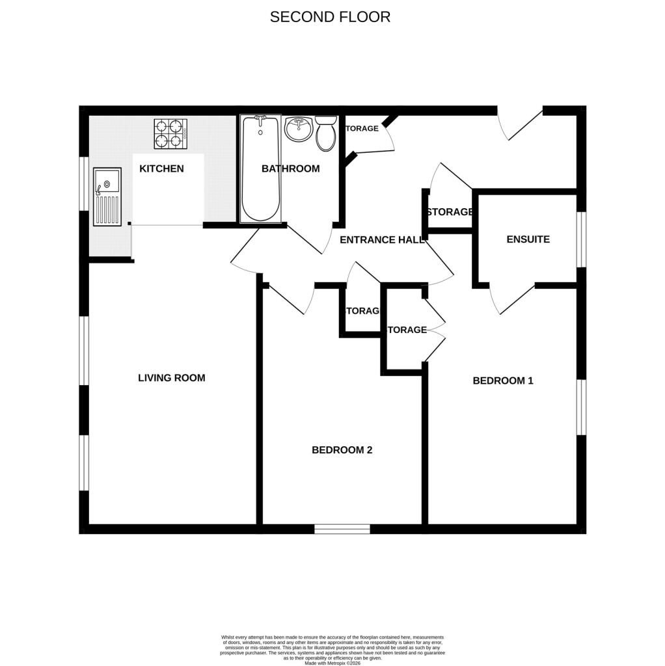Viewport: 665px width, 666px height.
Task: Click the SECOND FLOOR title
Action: [x=330, y=17]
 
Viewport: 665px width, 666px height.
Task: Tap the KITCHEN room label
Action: [x=161, y=168]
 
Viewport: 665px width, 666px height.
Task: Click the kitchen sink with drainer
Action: [x=107, y=196]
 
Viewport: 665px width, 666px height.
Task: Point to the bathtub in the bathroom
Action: [x=260, y=169]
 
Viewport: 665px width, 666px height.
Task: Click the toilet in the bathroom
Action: [x=325, y=133]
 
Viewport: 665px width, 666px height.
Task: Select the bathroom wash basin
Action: [x=299, y=129]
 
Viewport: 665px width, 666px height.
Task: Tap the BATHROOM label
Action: [x=290, y=168]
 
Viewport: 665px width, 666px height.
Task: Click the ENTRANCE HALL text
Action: [x=382, y=239]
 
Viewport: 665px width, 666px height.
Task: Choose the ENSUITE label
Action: [x=528, y=239]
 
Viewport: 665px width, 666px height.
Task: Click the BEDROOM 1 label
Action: [x=502, y=380]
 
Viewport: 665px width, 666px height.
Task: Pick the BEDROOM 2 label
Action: [x=342, y=450]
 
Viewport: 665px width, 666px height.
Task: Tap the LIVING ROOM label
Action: [x=171, y=378]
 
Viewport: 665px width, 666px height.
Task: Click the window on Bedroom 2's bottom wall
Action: [x=342, y=529]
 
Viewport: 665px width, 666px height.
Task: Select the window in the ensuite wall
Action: [x=581, y=239]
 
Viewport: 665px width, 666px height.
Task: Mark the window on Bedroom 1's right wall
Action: [x=581, y=406]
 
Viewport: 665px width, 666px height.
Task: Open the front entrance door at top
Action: [x=521, y=124]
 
